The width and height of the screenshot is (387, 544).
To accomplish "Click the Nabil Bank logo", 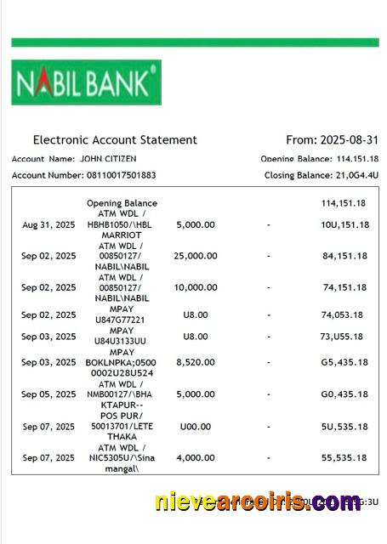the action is pyautogui.click(x=86, y=82).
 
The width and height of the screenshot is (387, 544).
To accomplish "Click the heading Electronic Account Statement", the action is pyautogui.click(x=115, y=140).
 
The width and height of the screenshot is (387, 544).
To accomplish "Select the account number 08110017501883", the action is pyautogui.click(x=118, y=175).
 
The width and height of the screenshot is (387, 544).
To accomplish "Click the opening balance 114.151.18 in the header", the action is pyautogui.click(x=357, y=159).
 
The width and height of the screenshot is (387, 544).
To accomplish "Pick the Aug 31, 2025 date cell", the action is pyautogui.click(x=48, y=224).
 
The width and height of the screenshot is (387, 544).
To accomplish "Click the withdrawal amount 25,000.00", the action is pyautogui.click(x=195, y=256).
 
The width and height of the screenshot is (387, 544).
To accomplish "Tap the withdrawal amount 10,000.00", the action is pyautogui.click(x=195, y=287).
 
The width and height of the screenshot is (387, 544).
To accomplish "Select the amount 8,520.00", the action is pyautogui.click(x=195, y=362).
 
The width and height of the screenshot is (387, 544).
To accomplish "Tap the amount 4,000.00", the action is pyautogui.click(x=195, y=458).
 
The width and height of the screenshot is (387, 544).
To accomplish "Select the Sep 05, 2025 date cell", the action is pyautogui.click(x=48, y=394).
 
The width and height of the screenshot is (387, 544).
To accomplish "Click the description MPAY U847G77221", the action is pyautogui.click(x=122, y=314).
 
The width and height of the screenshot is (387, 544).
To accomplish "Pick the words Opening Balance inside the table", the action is pyautogui.click(x=122, y=203).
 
